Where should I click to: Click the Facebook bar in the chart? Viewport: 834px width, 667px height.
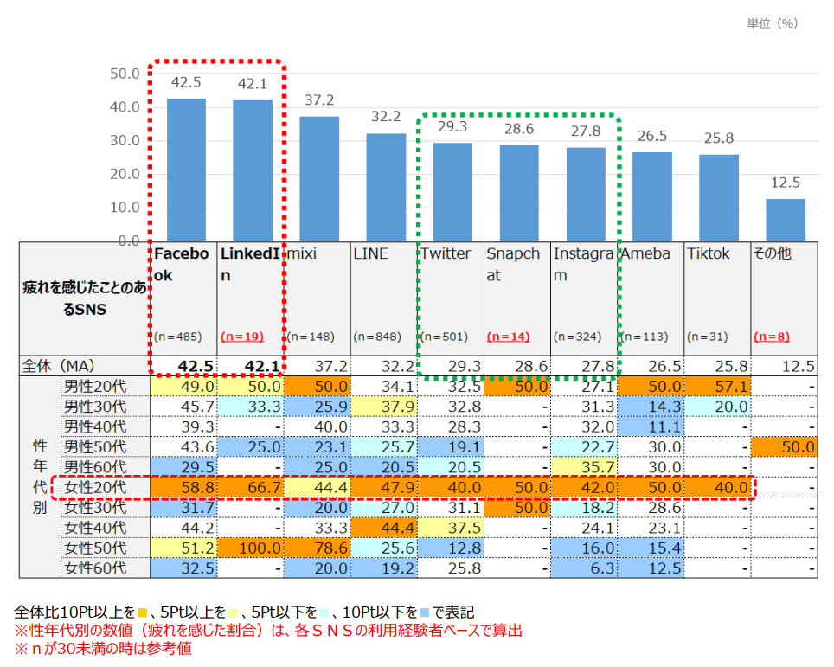tap(186, 170)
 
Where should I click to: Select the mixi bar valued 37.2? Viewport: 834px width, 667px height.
tap(319, 178)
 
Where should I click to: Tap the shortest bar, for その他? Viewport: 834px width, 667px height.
tap(785, 220)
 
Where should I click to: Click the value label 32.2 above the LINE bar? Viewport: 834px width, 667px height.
tap(386, 117)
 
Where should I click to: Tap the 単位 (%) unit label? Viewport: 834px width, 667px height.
tap(772, 23)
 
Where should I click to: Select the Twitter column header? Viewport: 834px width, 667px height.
tap(446, 254)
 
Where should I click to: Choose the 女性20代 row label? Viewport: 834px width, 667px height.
tap(95, 488)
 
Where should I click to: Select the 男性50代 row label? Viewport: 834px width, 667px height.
tap(95, 447)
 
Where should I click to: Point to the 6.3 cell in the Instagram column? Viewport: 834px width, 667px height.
tap(603, 569)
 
